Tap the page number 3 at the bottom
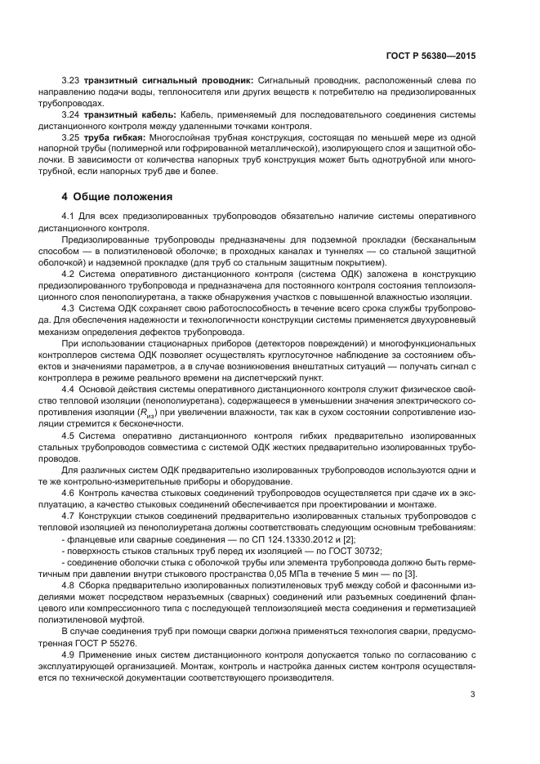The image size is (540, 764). (473, 695)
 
